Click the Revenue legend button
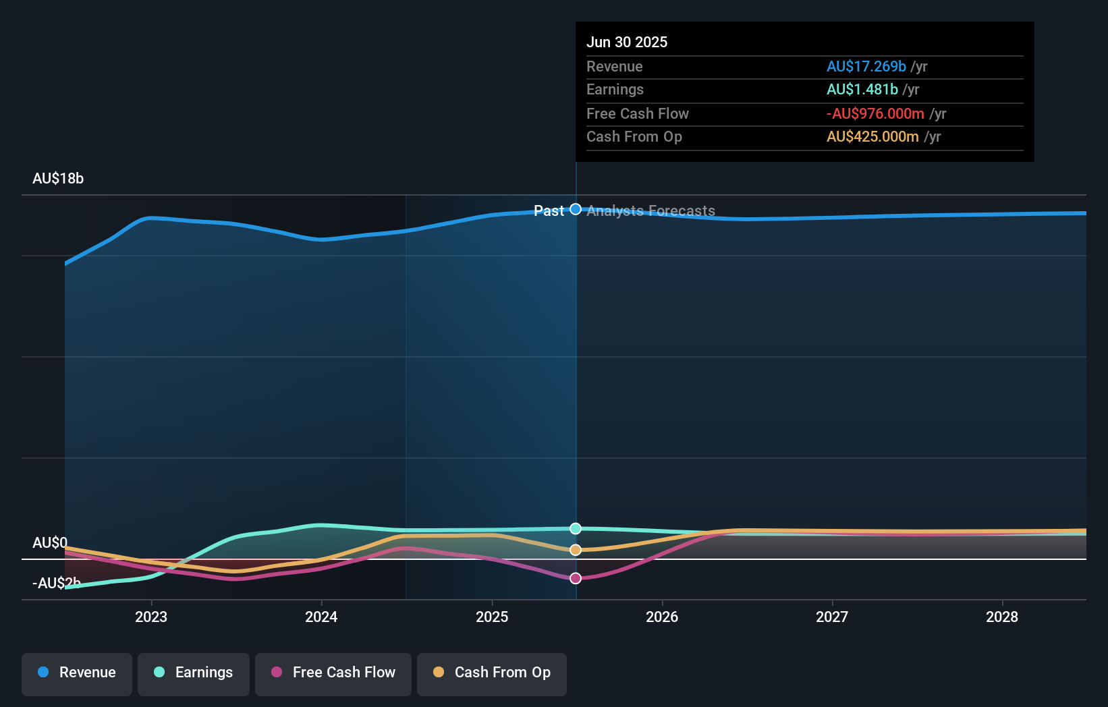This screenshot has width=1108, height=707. pos(77,673)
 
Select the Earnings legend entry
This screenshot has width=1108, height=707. pos(194,673)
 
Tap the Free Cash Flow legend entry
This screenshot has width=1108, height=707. pos(333,673)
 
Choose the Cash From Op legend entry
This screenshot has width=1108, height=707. pos(492,673)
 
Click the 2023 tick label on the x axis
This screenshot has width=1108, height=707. pos(151,617)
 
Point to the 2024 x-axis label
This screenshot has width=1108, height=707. pos(321,617)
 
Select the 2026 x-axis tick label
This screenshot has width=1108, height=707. pos(662,617)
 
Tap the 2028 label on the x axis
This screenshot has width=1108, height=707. pos(1002,617)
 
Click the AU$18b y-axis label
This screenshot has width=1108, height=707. pos(58,179)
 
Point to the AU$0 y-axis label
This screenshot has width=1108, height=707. pos(50,543)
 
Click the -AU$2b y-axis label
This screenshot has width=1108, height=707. pos(57,584)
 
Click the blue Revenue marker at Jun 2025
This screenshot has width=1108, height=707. pos(576,209)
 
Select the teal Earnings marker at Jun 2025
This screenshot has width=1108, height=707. pos(576,528)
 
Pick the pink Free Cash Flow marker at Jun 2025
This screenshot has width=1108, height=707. pos(576,578)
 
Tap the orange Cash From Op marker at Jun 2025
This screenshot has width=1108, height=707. pos(576,550)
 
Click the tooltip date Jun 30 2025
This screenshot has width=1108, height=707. pos(627,42)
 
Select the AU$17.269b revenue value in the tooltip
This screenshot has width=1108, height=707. pos(866,66)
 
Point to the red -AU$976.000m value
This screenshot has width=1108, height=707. pos(875,113)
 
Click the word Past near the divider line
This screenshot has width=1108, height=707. pos(549,211)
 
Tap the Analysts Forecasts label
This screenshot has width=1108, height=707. pos(650,211)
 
